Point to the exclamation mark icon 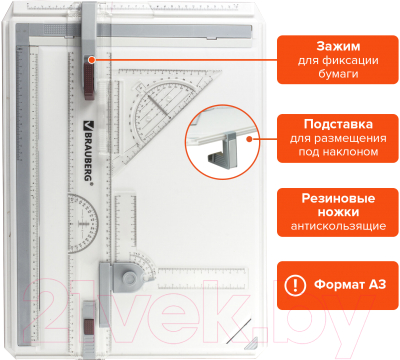click(296, 284)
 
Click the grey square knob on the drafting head click(122, 272)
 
